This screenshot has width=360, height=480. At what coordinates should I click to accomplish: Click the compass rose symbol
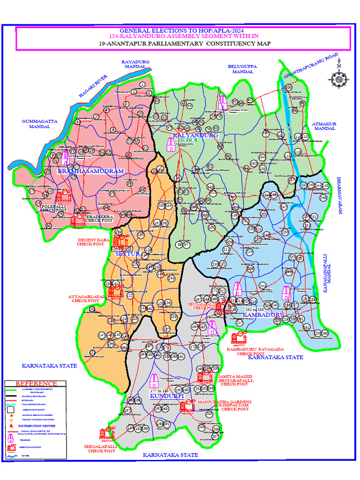point(338,78)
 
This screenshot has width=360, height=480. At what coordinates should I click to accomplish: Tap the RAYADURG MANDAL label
point(135,64)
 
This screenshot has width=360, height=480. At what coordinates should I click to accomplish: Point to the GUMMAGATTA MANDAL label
point(39,124)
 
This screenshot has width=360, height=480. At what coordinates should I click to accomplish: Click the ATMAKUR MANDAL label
point(325,126)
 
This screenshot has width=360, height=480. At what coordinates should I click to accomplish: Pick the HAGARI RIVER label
point(93,86)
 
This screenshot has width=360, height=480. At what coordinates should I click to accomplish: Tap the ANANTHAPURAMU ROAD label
point(310,68)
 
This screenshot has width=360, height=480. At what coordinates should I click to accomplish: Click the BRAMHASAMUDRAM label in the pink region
point(90,172)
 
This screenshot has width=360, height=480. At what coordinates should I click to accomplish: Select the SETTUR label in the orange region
point(127,254)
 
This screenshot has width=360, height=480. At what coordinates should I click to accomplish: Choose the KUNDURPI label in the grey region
point(167,396)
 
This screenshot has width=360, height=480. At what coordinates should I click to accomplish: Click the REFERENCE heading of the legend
point(30,384)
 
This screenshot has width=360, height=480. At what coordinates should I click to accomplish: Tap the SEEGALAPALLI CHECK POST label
point(101,449)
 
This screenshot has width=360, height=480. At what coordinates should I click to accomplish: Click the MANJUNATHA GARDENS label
point(225,402)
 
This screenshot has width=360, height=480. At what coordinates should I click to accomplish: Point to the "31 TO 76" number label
point(190,140)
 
